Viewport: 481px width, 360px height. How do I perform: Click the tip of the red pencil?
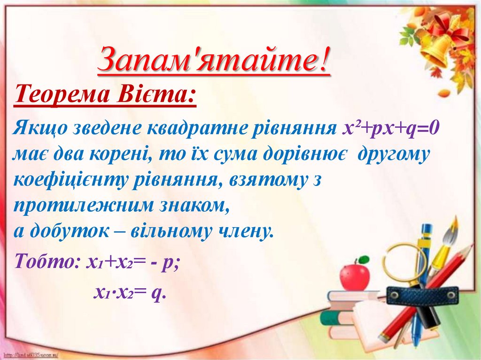click(381, 337)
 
